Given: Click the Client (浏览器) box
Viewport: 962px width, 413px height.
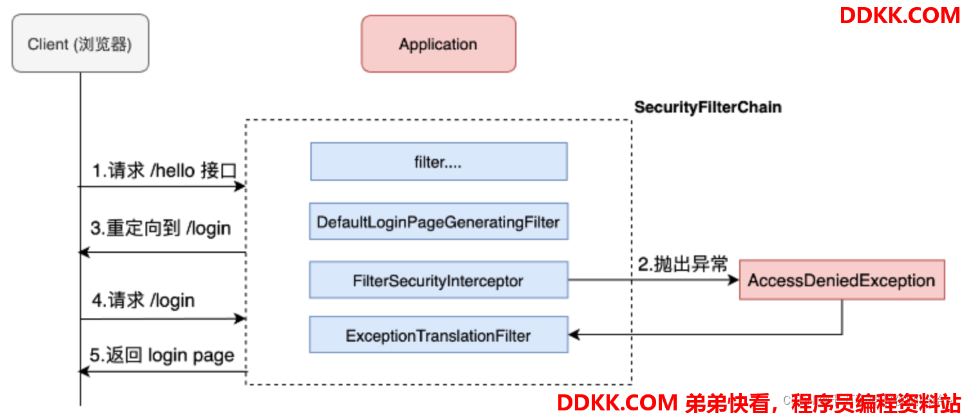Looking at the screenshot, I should click(80, 44).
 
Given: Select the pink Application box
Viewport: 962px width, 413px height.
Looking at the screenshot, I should click(438, 44).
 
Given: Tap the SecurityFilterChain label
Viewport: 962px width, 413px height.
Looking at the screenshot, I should click(708, 107).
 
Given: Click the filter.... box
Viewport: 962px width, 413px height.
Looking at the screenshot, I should click(439, 161).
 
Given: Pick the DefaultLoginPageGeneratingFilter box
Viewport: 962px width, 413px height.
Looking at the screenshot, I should click(439, 222).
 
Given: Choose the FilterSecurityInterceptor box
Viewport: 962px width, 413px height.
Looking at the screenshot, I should click(439, 280).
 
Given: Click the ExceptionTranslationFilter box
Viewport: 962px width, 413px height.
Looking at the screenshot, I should click(439, 335).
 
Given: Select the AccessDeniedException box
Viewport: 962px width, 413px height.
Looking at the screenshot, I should click(842, 280).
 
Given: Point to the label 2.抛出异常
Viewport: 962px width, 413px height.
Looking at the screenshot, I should click(683, 264).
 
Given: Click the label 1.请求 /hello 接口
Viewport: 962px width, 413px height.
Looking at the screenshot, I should click(164, 172).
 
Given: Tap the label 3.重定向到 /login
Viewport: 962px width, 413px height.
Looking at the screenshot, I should click(160, 228).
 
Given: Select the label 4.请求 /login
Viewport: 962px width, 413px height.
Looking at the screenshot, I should click(143, 300).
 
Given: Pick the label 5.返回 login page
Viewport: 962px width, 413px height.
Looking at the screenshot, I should click(162, 355).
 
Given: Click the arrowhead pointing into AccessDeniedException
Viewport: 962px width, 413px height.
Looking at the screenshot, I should click(734, 280).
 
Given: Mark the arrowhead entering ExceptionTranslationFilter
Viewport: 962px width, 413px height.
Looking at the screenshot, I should click(574, 335).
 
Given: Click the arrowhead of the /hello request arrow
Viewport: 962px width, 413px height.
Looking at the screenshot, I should click(241, 187).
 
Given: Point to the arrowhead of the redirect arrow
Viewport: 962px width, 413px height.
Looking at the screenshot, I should click(83, 253).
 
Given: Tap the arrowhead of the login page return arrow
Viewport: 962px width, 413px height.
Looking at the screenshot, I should click(83, 372).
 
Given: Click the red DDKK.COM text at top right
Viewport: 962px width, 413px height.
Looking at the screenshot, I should click(900, 15).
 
